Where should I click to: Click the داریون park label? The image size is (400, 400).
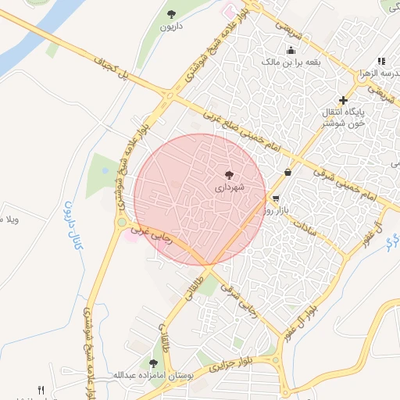(171, 27)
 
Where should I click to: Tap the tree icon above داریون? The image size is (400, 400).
(172, 14)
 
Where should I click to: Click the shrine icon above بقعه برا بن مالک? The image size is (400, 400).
(290, 50)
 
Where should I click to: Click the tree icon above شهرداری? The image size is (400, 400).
(229, 176)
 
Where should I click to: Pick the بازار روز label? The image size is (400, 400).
(277, 210)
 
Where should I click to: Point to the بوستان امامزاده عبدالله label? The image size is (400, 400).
(153, 376)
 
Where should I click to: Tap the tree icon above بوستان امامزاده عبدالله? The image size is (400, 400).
(153, 363)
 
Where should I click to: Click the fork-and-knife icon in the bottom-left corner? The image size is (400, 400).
(41, 390)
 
